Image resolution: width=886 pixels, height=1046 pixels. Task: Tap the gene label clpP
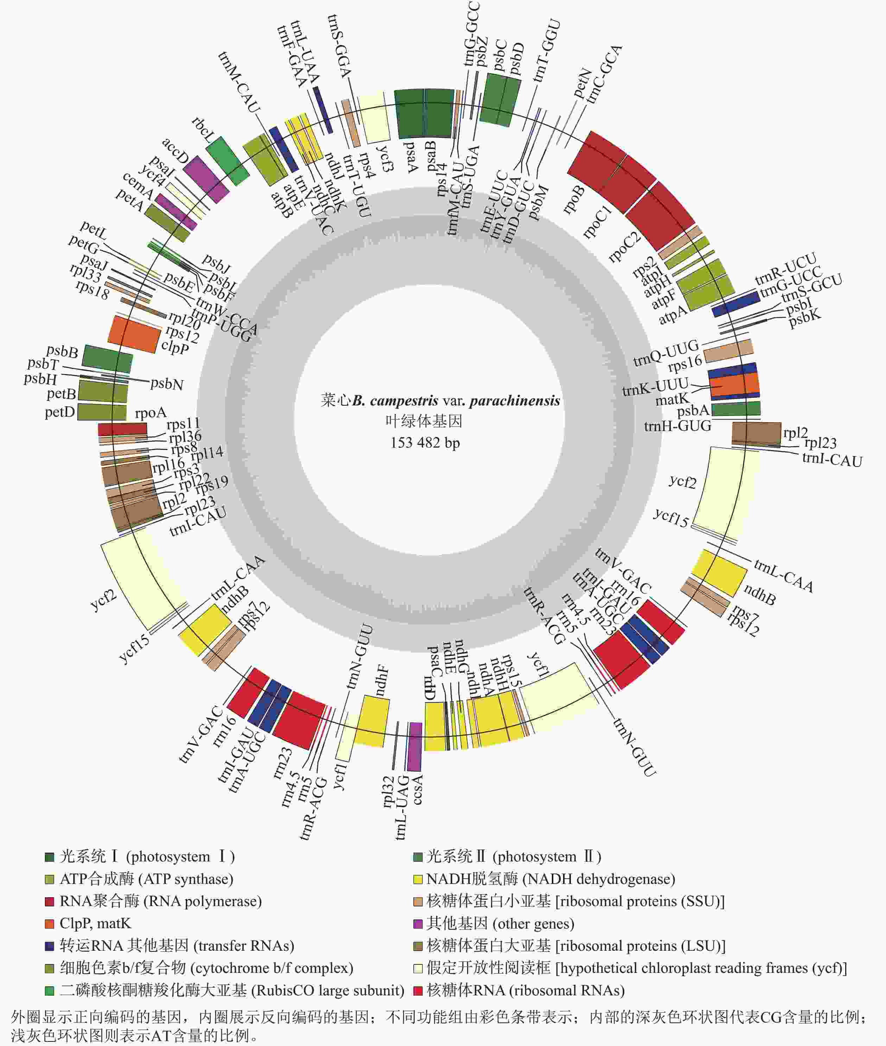pyautogui.click(x=175, y=346)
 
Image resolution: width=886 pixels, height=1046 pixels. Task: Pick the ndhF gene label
pyautogui.click(x=381, y=681)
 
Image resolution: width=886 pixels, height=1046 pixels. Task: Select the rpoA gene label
pyautogui.click(x=150, y=413)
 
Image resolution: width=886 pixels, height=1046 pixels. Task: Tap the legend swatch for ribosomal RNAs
pyautogui.click(x=417, y=990)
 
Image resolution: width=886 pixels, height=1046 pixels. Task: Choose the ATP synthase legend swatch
pyautogui.click(x=49, y=879)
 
